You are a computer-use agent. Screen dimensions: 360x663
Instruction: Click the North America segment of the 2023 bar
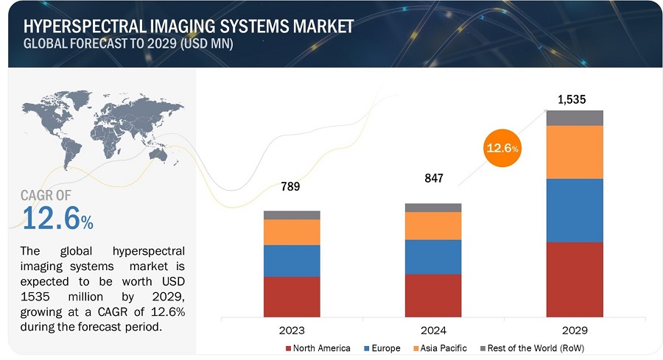pos(292,296)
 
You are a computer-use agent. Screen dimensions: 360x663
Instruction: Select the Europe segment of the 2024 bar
pos(433,257)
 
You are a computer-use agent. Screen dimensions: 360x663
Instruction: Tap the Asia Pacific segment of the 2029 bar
pos(574,152)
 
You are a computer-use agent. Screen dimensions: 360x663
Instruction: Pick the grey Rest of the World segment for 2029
pos(574,118)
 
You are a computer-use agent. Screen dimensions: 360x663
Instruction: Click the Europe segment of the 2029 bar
pos(574,210)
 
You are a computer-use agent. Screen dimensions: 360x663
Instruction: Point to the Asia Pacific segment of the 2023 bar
pos(292,232)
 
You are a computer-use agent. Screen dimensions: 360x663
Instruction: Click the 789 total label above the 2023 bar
pos(292,187)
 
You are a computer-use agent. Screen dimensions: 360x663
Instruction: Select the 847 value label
pos(433,179)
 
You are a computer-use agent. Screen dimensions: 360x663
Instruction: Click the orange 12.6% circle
pos(502,149)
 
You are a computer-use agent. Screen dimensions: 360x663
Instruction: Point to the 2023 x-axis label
pos(292,330)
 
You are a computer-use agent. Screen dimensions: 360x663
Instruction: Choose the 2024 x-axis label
pos(433,330)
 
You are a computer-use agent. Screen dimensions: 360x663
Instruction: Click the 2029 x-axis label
pos(574,330)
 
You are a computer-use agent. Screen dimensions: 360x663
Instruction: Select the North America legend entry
pos(318,348)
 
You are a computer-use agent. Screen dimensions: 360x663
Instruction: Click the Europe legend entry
pos(384,348)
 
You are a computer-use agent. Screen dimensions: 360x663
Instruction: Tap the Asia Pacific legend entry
pos(439,348)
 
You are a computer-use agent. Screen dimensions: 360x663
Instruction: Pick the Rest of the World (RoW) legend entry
pos(530,348)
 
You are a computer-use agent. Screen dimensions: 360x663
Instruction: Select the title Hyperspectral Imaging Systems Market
pos(188,27)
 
